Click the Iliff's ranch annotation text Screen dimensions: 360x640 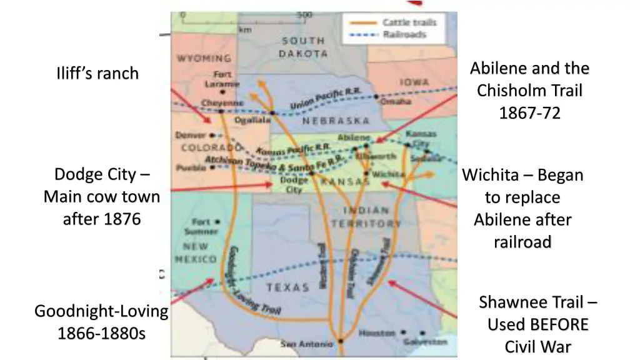pos(97,74)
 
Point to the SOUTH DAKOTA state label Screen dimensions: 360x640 pos(303,47)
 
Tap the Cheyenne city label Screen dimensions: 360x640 pos(222,103)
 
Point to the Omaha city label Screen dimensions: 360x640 pos(396,101)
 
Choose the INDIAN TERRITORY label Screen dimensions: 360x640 pos(366,217)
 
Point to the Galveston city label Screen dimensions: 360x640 pos(425,342)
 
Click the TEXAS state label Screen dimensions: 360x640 pos(288,287)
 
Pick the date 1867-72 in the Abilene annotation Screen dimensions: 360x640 pos(529,113)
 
